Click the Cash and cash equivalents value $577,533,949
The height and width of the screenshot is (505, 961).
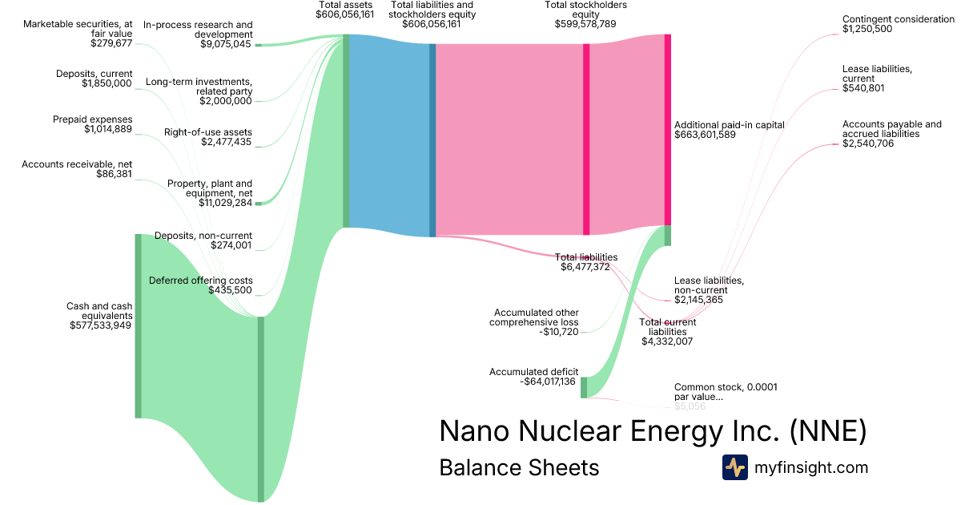click(x=101, y=325)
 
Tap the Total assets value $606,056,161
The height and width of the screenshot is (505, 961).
click(x=344, y=14)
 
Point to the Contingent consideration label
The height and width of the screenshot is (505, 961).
click(x=898, y=18)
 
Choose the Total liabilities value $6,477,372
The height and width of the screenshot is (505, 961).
click(x=585, y=267)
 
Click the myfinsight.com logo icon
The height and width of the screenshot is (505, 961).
click(x=734, y=467)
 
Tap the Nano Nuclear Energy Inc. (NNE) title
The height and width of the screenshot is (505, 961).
click(x=653, y=431)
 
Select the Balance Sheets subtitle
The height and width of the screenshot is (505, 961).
click(x=519, y=467)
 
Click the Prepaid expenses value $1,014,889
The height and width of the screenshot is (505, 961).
click(x=108, y=129)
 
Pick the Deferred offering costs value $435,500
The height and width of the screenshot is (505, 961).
click(x=231, y=290)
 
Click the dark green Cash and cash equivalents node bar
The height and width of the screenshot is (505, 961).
click(x=138, y=325)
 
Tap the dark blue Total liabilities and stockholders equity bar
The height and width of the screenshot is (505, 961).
click(x=432, y=139)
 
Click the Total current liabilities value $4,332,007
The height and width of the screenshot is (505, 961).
click(x=667, y=341)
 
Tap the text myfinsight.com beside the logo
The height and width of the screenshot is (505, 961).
click(x=811, y=467)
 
